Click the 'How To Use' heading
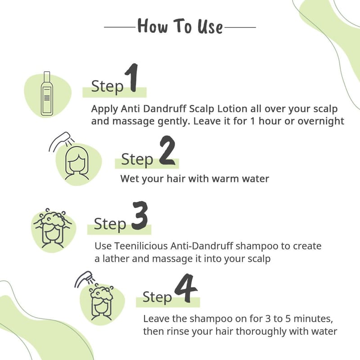(180, 26)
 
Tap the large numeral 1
(132, 78)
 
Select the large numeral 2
(167, 150)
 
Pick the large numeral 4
(186, 288)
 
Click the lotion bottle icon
(47, 94)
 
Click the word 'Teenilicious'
(141, 246)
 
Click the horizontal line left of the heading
(120, 27)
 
